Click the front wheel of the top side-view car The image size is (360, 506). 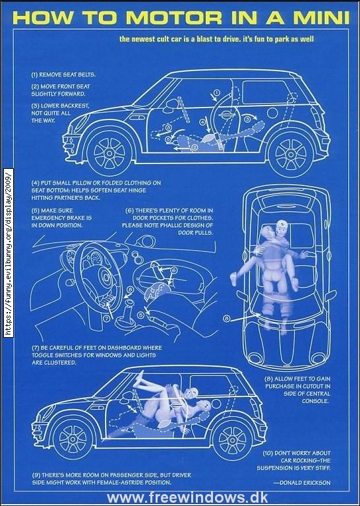click(x=109, y=152)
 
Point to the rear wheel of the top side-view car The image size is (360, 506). click(x=291, y=154)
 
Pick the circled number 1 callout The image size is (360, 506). click(x=217, y=92)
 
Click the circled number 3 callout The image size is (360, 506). click(x=247, y=119)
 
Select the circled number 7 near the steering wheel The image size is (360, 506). click(x=107, y=318)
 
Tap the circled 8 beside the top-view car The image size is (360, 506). click(x=226, y=319)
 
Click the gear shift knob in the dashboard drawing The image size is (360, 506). click(x=129, y=303)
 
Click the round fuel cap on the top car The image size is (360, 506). click(x=272, y=113)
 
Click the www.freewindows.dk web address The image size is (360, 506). click(x=187, y=498)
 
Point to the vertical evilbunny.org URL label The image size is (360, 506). click(x=9, y=253)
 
